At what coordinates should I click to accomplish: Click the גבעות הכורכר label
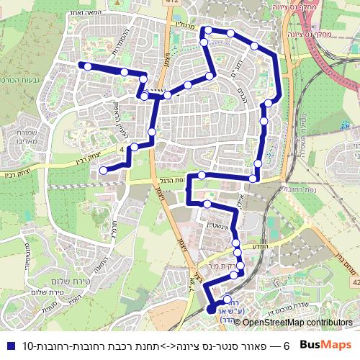(22, 81)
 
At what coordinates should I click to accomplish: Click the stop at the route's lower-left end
(104, 170)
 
